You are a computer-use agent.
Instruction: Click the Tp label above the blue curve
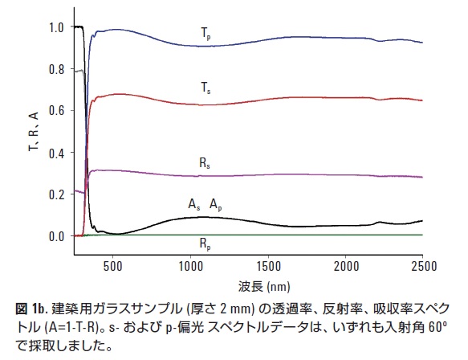206,34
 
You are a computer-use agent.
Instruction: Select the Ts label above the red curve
206,86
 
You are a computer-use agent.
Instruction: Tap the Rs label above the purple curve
206,162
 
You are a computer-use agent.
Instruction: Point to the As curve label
193,205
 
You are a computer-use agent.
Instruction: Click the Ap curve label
216,205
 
